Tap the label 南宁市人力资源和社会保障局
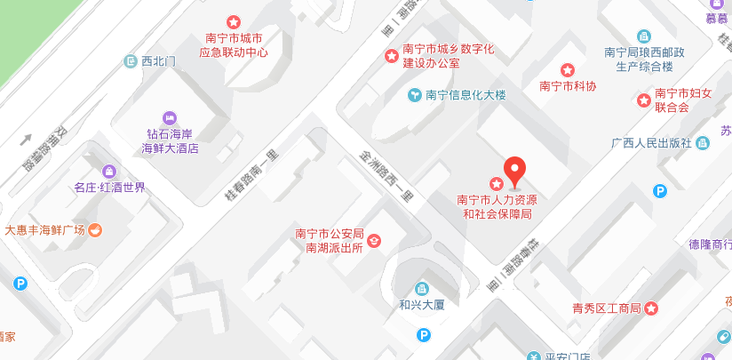tap(497, 207)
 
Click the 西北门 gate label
tap(159, 61)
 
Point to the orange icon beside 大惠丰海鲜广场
tap(95, 230)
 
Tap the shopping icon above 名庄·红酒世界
tap(109, 171)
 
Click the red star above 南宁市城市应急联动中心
tap(233, 21)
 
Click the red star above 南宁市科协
tap(568, 70)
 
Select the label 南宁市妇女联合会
tap(684, 100)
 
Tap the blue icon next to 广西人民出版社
tap(704, 142)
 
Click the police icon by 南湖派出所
tap(374, 240)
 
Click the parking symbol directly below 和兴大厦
tap(425, 334)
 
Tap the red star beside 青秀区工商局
tap(651, 308)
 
